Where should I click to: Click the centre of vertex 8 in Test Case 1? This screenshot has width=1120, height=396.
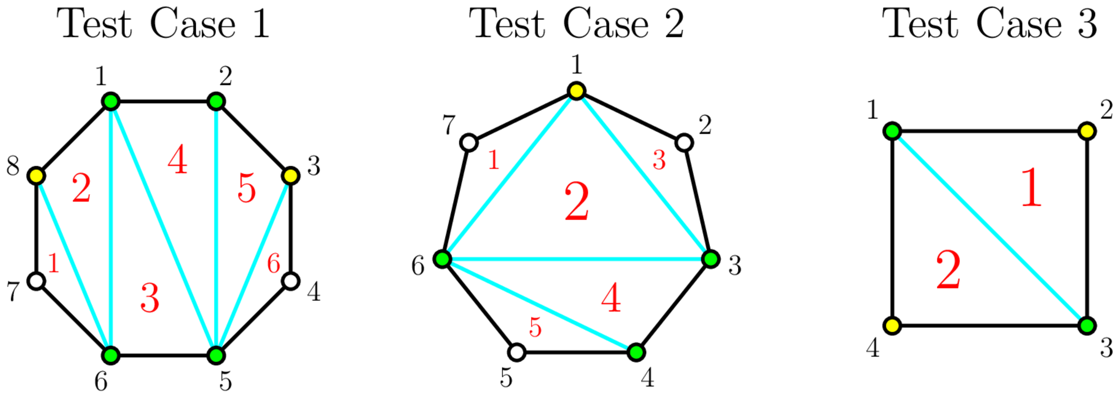pyautogui.click(x=37, y=175)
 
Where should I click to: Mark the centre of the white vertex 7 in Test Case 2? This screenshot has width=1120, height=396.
pyautogui.click(x=469, y=143)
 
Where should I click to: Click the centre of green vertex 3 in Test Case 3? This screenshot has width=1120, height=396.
pyautogui.click(x=1087, y=326)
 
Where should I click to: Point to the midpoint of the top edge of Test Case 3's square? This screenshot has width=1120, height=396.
pyautogui.click(x=990, y=131)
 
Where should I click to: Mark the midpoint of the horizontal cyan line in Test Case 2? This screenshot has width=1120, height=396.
pyautogui.click(x=577, y=259)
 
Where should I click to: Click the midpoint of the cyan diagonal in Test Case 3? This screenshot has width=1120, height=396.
pyautogui.click(x=990, y=228)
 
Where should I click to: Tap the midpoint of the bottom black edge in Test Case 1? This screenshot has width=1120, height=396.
pyautogui.click(x=163, y=355)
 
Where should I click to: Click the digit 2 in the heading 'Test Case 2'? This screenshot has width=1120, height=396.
pyautogui.click(x=674, y=23)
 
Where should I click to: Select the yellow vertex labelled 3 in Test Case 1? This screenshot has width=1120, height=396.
pyautogui.click(x=290, y=175)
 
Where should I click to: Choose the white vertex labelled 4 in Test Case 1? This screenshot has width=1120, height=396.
pyautogui.click(x=290, y=281)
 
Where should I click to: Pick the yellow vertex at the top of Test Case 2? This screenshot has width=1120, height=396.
pyautogui.click(x=577, y=91)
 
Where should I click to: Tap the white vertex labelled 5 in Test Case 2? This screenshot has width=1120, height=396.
pyautogui.click(x=517, y=352)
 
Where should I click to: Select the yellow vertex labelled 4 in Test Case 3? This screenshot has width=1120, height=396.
pyautogui.click(x=893, y=326)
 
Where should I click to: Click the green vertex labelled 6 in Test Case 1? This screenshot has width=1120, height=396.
pyautogui.click(x=111, y=355)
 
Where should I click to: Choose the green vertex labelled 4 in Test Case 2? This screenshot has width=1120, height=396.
pyautogui.click(x=636, y=352)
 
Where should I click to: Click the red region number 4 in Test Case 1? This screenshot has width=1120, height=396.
pyautogui.click(x=178, y=161)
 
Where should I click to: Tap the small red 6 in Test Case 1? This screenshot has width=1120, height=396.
pyautogui.click(x=273, y=264)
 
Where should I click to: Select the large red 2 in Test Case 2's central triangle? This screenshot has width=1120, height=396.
pyautogui.click(x=577, y=202)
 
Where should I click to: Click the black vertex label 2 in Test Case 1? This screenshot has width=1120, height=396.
pyautogui.click(x=225, y=76)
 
